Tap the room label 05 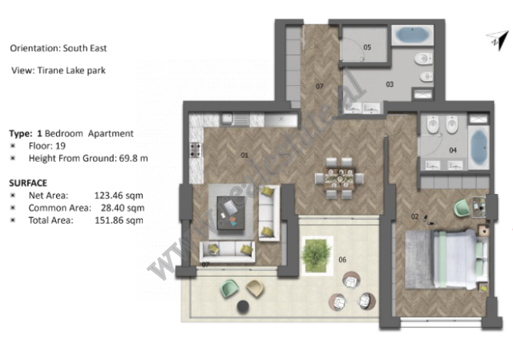tap(367, 48)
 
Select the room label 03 tap(390, 83)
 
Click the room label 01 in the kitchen tap(245, 155)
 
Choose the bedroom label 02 tap(415, 216)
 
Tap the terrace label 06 tap(341, 259)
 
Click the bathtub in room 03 tap(413, 35)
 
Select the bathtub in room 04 tap(478, 147)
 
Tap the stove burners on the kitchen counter tap(194, 148)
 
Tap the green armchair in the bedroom tap(463, 208)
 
